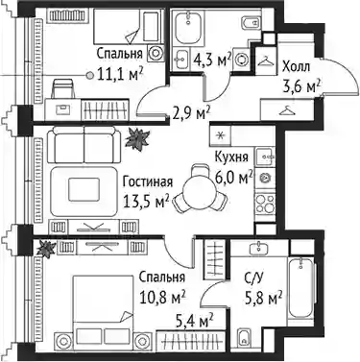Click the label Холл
coord(296,67)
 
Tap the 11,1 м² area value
coord(120,74)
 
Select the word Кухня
coord(231,157)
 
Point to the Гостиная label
coord(148,181)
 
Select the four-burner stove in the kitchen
coord(265,203)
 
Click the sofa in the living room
coord(84,144)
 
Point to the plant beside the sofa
coord(137,138)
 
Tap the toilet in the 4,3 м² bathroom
coord(250,21)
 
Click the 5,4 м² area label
coord(195,321)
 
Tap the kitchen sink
coord(265,157)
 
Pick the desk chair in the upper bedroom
coord(63,88)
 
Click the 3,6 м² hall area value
coord(301,85)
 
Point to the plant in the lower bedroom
coord(46,248)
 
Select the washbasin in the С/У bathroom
coord(258,248)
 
